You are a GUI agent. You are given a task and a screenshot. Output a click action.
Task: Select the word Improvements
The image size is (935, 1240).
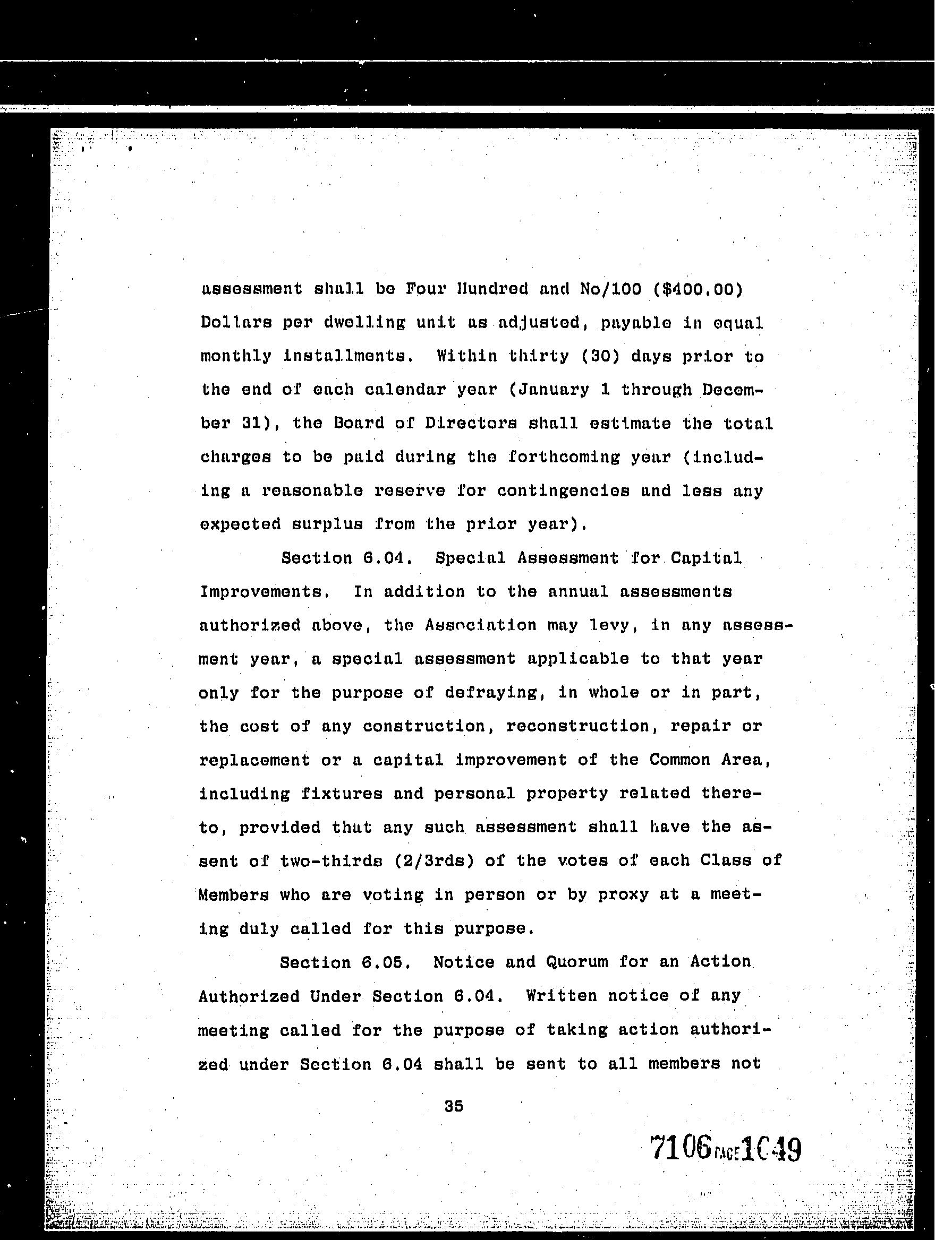pyautogui.click(x=263, y=592)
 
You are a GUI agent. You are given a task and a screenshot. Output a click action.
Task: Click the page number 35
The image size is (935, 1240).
pyautogui.click(x=454, y=1106)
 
